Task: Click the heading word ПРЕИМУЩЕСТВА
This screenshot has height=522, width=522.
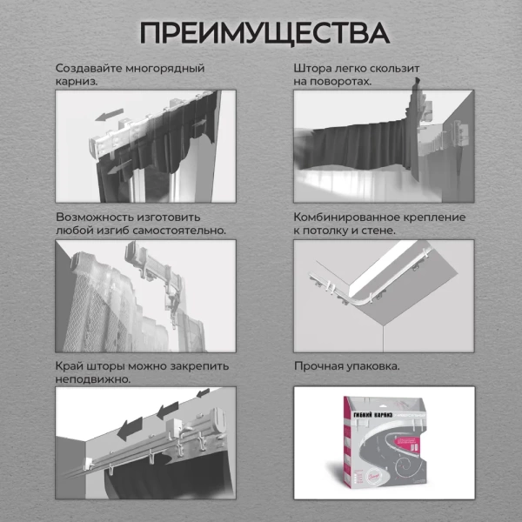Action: point(261,32)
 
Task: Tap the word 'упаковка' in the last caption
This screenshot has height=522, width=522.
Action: point(372,366)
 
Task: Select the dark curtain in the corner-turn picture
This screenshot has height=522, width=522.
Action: point(357,139)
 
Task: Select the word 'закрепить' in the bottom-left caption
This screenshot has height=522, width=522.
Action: point(200,366)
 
